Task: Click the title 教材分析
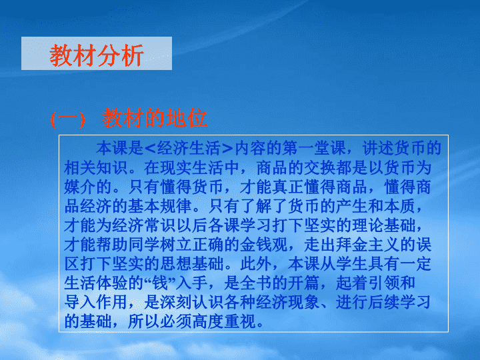click(x=97, y=55)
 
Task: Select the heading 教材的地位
click(x=155, y=118)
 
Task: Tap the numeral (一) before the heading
click(x=67, y=119)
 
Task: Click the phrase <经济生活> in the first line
click(x=189, y=149)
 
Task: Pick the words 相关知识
click(x=95, y=168)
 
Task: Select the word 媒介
click(x=79, y=187)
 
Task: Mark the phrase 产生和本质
click(x=375, y=206)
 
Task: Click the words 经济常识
click(x=143, y=225)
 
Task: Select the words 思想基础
click(x=191, y=263)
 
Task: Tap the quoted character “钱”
click(x=160, y=283)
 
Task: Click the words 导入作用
click(x=95, y=302)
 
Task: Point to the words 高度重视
click(x=223, y=321)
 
